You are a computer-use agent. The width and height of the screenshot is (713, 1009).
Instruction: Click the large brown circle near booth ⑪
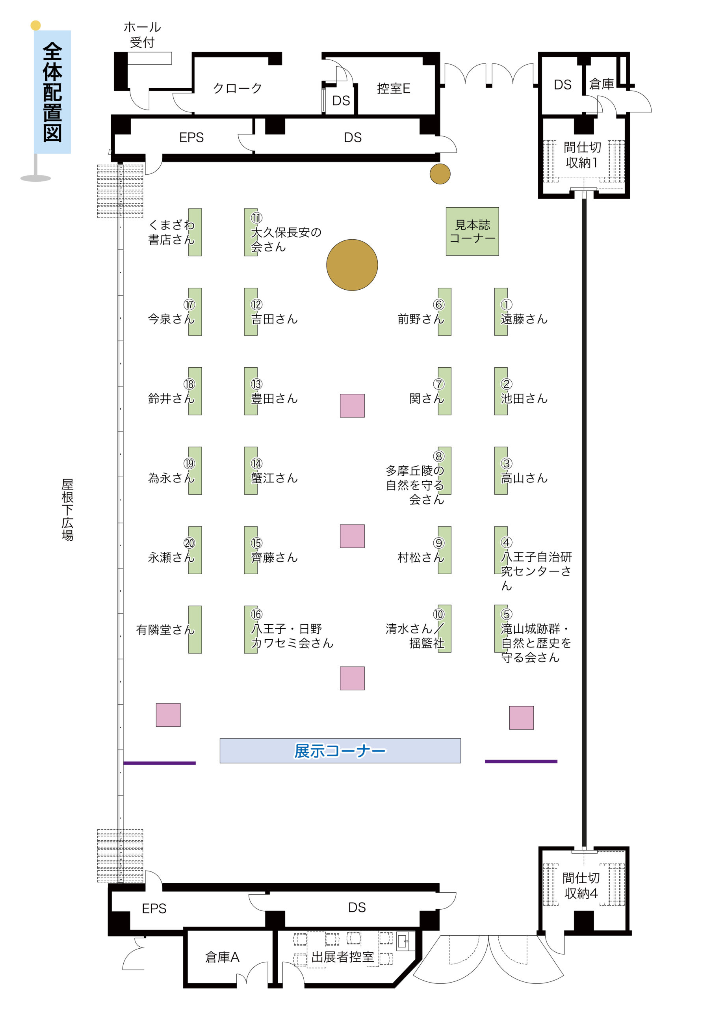coord(352,264)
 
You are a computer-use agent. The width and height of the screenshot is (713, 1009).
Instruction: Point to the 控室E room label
coord(393,88)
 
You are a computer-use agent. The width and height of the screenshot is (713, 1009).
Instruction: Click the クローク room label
coord(237,88)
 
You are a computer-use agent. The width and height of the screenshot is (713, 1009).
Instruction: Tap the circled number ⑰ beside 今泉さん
coord(189,304)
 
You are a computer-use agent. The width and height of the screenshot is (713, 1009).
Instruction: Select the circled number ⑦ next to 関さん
coord(438,383)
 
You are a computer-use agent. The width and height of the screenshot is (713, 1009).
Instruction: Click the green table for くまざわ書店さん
coord(195,232)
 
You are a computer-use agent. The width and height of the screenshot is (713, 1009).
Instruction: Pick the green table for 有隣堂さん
coord(195,629)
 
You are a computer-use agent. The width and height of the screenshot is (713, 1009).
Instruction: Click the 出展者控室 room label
coord(342,957)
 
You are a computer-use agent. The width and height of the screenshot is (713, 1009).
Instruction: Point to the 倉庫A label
coord(222,957)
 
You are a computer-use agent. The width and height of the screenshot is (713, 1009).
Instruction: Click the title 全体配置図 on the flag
coord(52,92)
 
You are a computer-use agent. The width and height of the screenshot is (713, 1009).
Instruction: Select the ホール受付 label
coord(142,35)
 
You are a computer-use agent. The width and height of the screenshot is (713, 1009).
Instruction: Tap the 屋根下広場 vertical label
coord(67,509)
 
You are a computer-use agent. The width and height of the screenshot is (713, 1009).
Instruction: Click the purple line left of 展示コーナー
coord(160,763)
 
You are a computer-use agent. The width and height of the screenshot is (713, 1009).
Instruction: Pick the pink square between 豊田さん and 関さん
coord(352,405)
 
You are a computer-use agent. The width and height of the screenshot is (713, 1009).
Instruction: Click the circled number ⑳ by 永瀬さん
coord(189,543)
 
